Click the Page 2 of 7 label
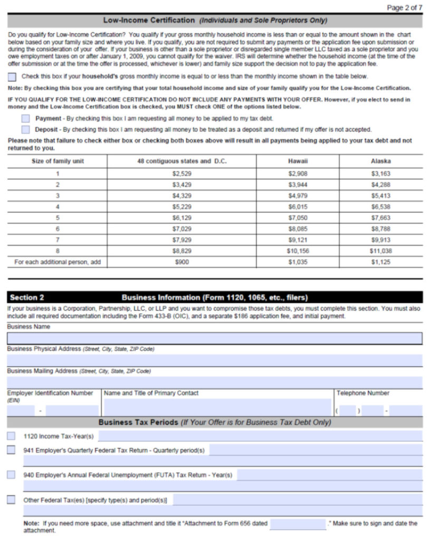(x=405, y=7)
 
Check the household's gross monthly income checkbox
(x=12, y=76)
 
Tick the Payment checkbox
(x=25, y=119)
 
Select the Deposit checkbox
(x=25, y=129)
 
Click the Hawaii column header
(x=298, y=161)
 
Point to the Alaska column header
(x=381, y=161)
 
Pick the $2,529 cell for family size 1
(x=181, y=173)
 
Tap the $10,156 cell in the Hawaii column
(x=298, y=251)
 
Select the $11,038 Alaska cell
(x=381, y=251)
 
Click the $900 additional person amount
(x=181, y=262)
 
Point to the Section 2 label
(x=27, y=297)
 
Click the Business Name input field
(x=215, y=339)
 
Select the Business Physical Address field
(x=215, y=361)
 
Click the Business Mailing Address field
(x=215, y=382)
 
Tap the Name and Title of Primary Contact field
(x=218, y=407)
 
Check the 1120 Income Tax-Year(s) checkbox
(x=11, y=436)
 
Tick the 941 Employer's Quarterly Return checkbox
(x=11, y=450)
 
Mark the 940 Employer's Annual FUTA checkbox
(x=11, y=475)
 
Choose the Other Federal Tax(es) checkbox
(x=11, y=499)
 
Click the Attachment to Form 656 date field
(x=298, y=524)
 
